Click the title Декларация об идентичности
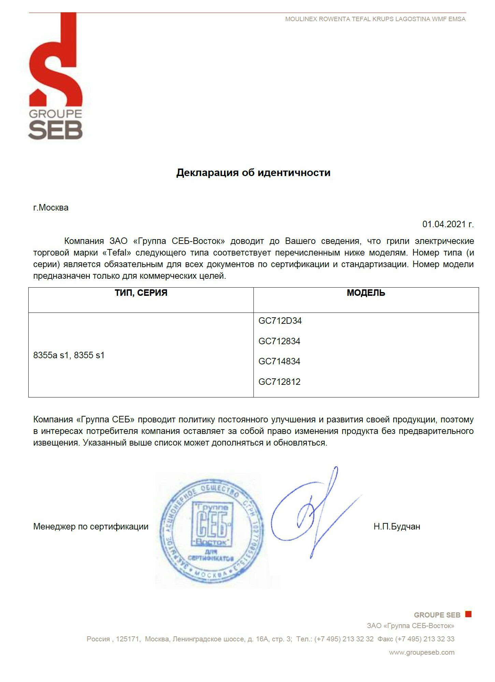(x=253, y=173)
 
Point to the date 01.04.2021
(x=448, y=224)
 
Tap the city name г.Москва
(x=51, y=207)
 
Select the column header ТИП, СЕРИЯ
(x=141, y=293)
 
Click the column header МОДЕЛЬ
(x=366, y=293)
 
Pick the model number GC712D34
(x=280, y=321)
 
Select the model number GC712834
(x=279, y=341)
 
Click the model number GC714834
(x=279, y=361)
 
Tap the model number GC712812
(x=279, y=382)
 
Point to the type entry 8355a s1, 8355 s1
(x=69, y=355)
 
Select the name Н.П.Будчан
(x=397, y=526)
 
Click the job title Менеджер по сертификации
(x=91, y=526)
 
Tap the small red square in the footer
(x=468, y=614)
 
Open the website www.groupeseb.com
(x=422, y=652)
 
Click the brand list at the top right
(x=375, y=19)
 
